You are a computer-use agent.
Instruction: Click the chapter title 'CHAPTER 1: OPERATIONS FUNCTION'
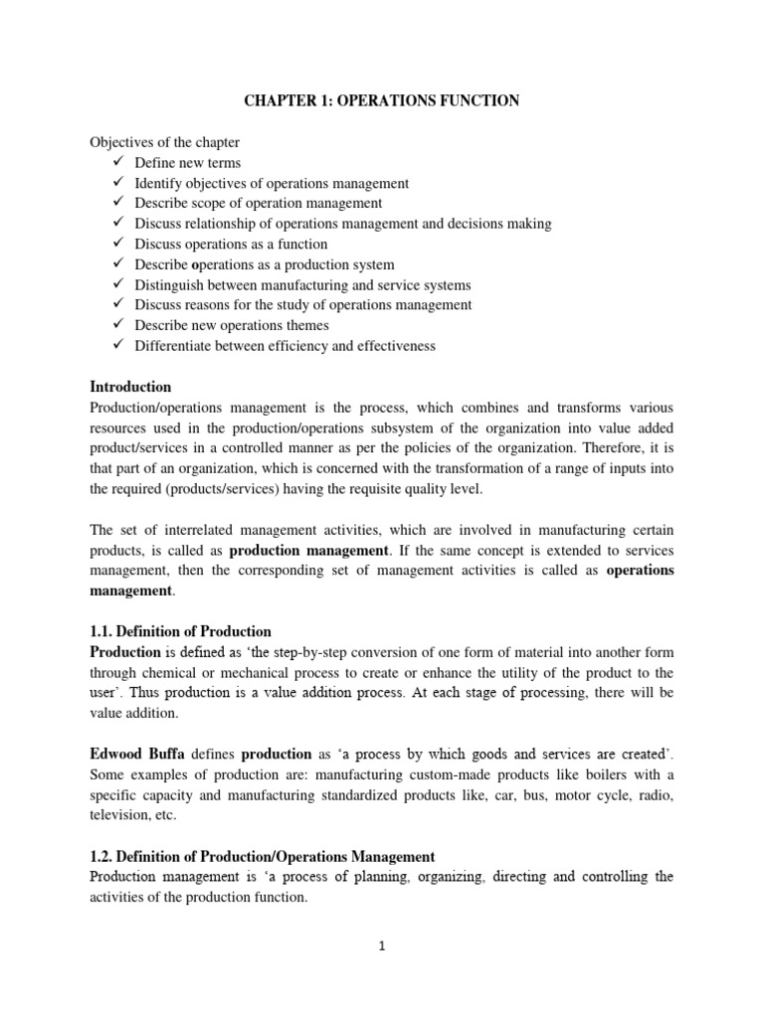pyautogui.click(x=382, y=101)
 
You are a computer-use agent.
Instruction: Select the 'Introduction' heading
pyautogui.click(x=130, y=387)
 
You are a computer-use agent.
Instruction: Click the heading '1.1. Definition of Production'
pyautogui.click(x=180, y=631)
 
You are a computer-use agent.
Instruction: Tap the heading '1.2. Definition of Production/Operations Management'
pyautogui.click(x=263, y=856)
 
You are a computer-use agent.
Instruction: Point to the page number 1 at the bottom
pyautogui.click(x=381, y=946)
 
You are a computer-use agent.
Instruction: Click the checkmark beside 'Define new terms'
pyautogui.click(x=116, y=162)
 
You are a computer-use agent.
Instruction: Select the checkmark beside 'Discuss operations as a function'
pyautogui.click(x=116, y=244)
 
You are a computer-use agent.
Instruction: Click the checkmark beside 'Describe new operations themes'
pyautogui.click(x=116, y=325)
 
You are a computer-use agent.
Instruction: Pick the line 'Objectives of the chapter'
pyautogui.click(x=165, y=142)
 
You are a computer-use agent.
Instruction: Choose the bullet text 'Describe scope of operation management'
pyautogui.click(x=259, y=203)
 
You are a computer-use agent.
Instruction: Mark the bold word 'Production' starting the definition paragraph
pyautogui.click(x=125, y=652)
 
